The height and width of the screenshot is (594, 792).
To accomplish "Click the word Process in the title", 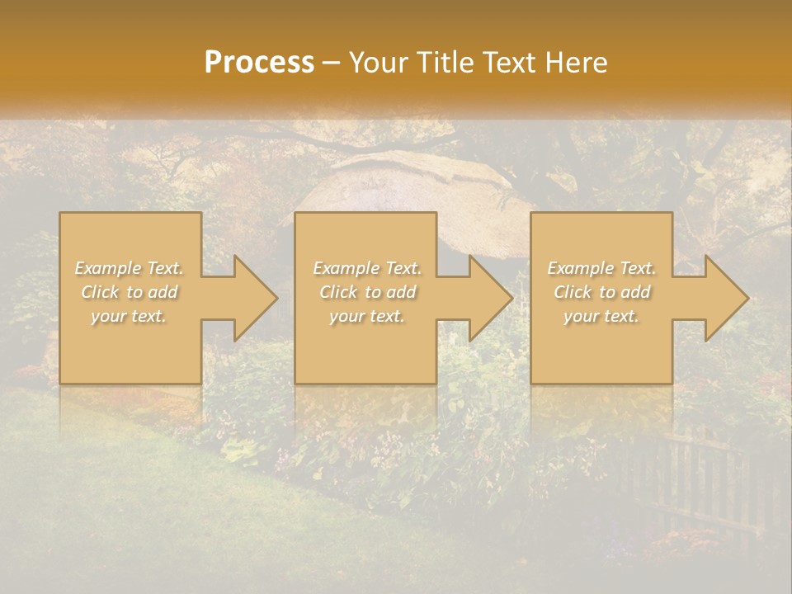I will [x=259, y=62].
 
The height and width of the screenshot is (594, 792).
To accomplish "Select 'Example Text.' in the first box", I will [x=130, y=268].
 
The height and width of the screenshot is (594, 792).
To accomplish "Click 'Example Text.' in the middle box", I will [x=367, y=268].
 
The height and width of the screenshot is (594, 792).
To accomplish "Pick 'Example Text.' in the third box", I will [x=601, y=268].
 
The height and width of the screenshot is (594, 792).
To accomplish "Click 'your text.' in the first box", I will [x=130, y=316].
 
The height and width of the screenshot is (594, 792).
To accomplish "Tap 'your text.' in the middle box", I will [x=367, y=316].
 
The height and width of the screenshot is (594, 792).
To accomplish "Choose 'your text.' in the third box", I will [x=601, y=316].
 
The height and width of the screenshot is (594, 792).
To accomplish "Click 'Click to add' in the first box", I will [x=130, y=292].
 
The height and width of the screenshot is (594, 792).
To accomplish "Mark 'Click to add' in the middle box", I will [x=367, y=292].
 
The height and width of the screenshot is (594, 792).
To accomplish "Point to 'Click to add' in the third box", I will [x=601, y=292].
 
